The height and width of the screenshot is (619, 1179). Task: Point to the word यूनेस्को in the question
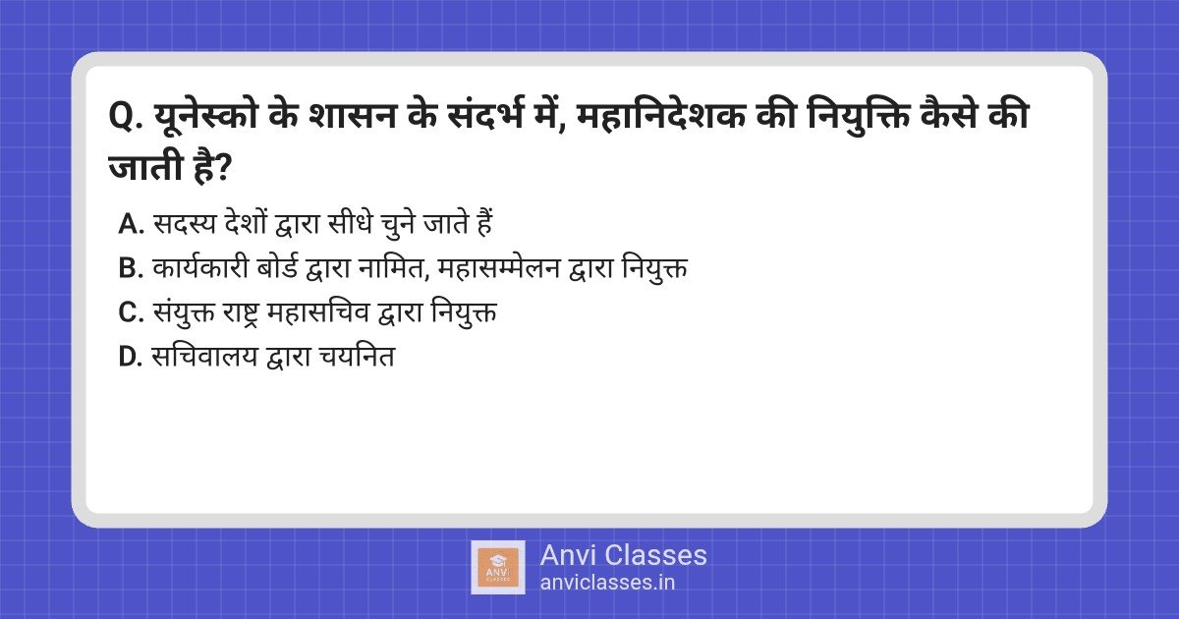[x=205, y=115]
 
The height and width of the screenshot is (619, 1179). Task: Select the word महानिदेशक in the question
[x=661, y=115]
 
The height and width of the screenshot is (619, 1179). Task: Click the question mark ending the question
[x=223, y=168]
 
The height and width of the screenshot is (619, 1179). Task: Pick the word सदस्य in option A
[x=185, y=224]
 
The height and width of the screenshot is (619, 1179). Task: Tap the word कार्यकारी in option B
[x=200, y=267]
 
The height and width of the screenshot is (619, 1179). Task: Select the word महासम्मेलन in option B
[x=498, y=268]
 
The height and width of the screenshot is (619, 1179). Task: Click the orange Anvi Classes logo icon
[x=498, y=568]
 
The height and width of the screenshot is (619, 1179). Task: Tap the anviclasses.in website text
[x=607, y=583]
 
